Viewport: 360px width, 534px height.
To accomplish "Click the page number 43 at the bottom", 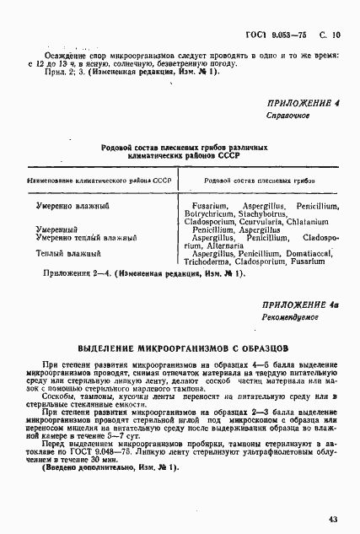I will [x=332, y=519].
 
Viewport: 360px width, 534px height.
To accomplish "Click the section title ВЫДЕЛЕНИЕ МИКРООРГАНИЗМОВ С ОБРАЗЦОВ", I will [x=183, y=348].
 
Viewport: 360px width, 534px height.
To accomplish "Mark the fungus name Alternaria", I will [x=221, y=245].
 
